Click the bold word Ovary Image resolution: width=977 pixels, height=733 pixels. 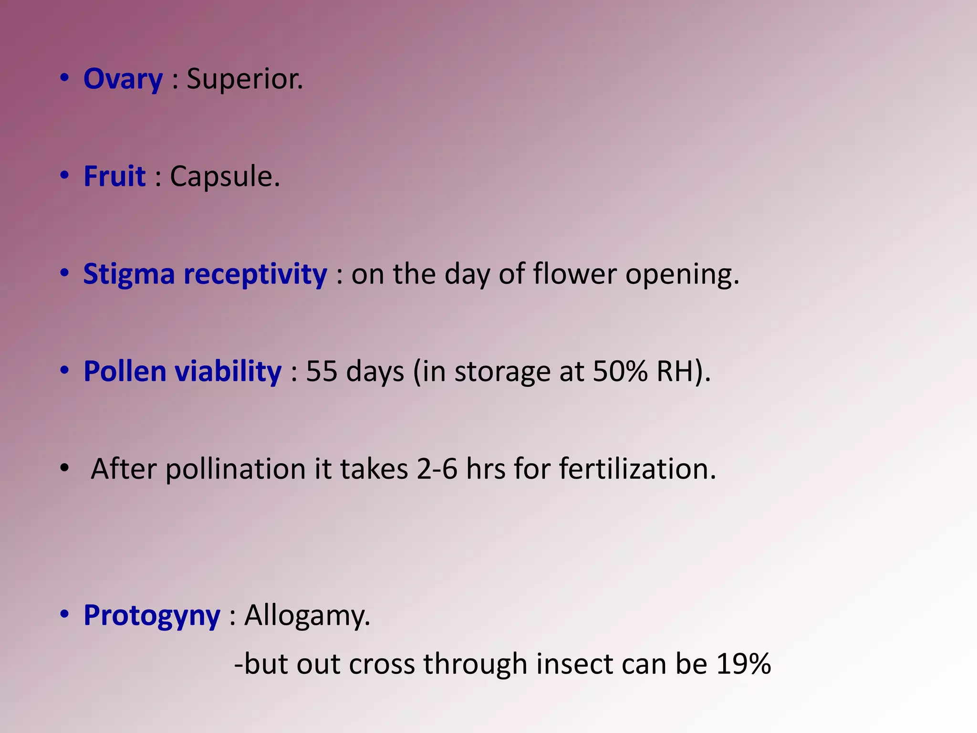[x=123, y=79]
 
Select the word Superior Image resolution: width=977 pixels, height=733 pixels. [x=244, y=79]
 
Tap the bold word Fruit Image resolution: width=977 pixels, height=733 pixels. [x=114, y=177]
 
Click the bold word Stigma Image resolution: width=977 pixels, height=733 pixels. [x=129, y=275]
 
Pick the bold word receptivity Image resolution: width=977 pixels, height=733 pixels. [x=255, y=275]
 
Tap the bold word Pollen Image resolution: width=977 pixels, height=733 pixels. [x=125, y=372]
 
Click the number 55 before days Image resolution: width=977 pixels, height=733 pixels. [x=322, y=372]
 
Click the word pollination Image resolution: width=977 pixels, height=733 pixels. [x=236, y=470]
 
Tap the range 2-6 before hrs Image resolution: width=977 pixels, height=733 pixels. [x=437, y=469]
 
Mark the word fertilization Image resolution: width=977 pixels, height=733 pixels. [x=637, y=469]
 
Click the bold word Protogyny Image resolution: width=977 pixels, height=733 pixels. [x=152, y=616]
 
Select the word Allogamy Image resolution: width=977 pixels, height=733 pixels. [x=307, y=616]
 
